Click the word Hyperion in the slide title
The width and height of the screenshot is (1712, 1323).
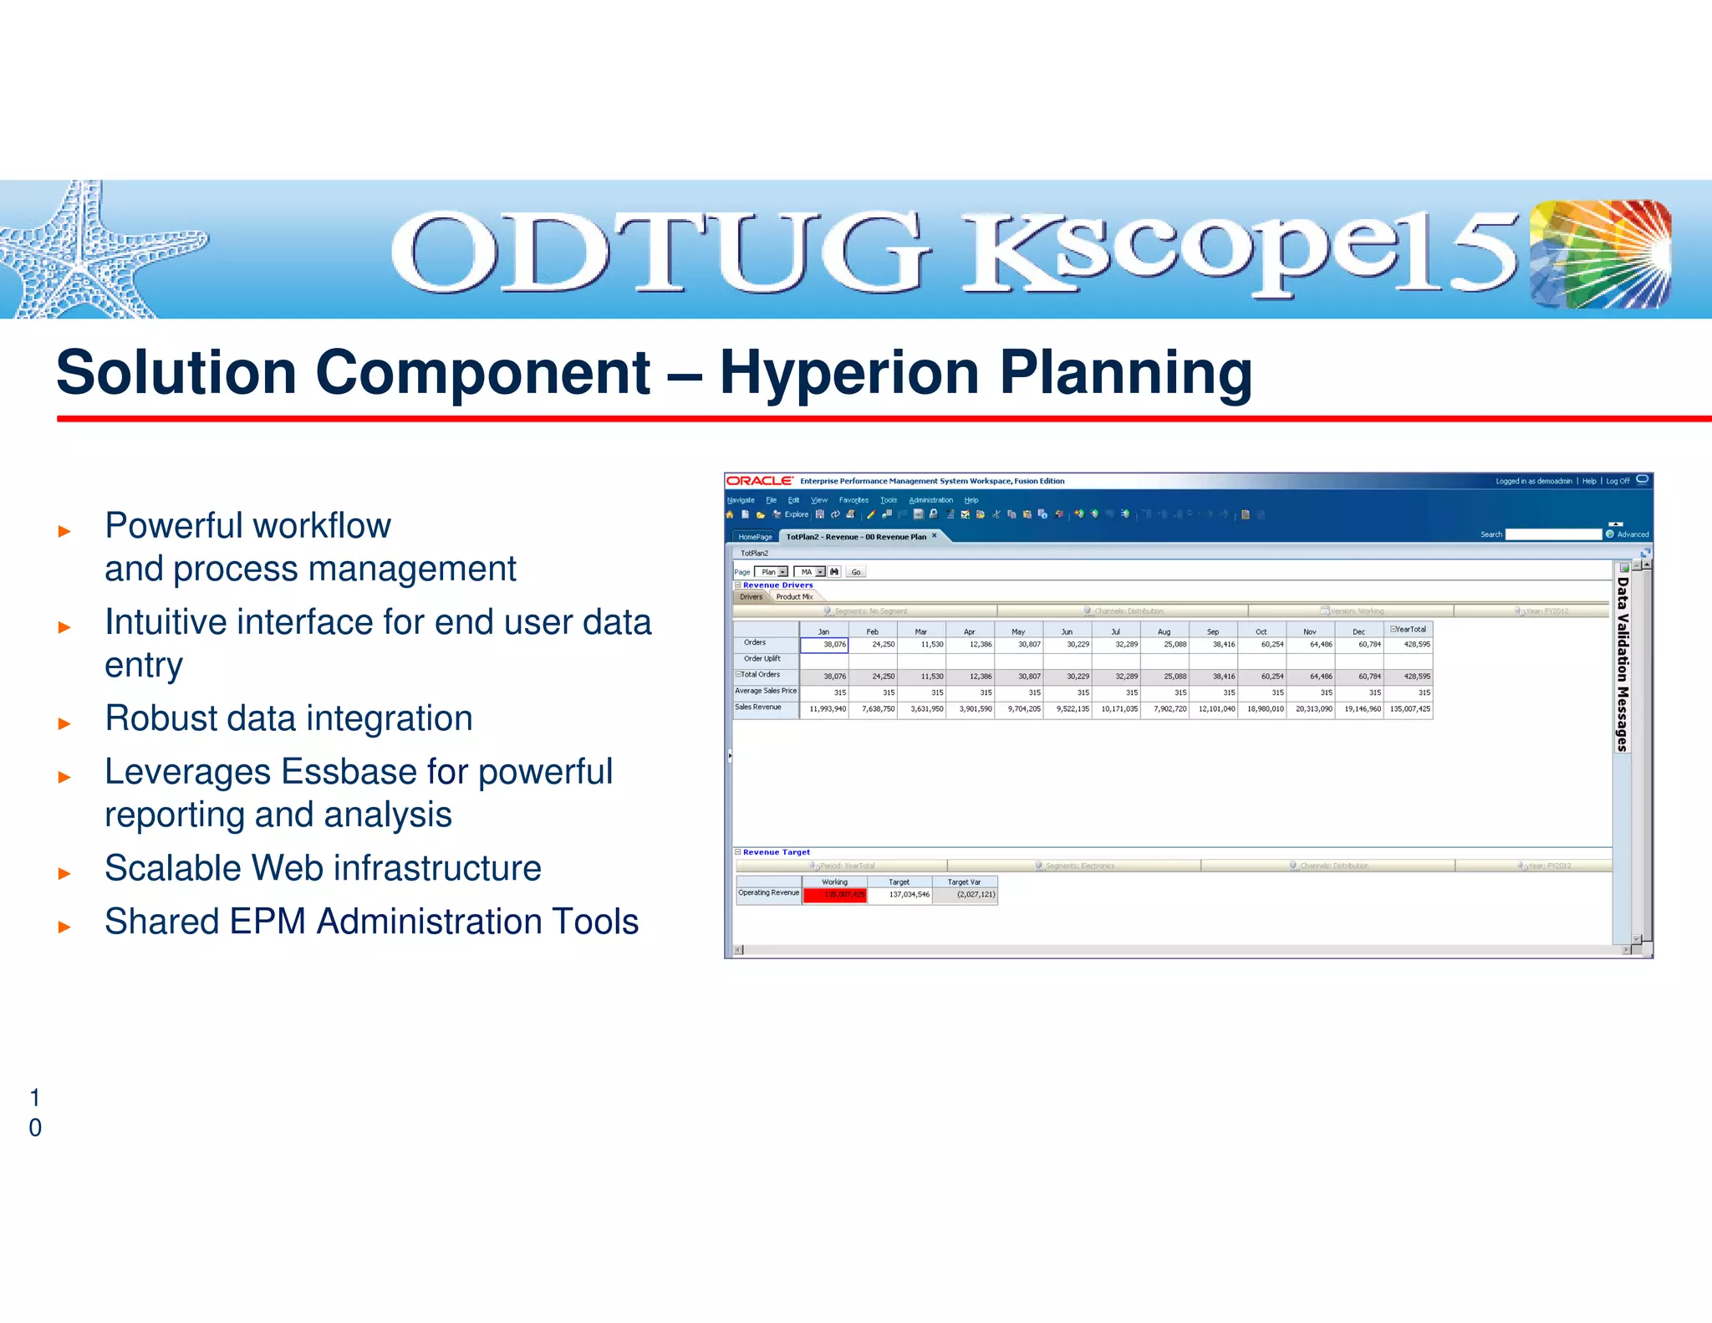point(849,372)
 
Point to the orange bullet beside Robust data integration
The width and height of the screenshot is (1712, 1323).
point(64,723)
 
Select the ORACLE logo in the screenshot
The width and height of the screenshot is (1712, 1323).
point(759,481)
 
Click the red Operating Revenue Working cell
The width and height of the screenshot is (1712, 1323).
point(834,895)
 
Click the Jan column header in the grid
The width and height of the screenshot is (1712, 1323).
point(823,631)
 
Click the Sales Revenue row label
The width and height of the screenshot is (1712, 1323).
point(758,707)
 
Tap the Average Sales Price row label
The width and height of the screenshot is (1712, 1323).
point(765,691)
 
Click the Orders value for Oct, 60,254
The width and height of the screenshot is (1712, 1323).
point(1271,645)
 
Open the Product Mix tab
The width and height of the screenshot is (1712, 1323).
point(794,597)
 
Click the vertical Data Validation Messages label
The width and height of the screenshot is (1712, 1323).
point(1622,664)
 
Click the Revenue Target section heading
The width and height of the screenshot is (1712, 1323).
point(776,852)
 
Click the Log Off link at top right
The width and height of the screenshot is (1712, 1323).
point(1618,481)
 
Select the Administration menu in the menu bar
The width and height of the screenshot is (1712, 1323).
point(930,500)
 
